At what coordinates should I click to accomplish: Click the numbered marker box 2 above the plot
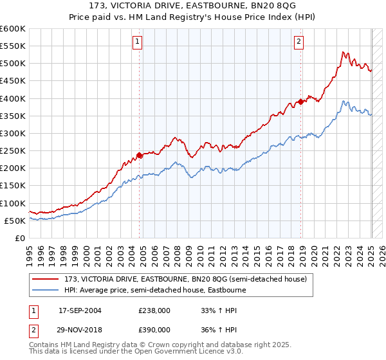(299, 42)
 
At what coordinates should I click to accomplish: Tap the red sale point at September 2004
(140, 155)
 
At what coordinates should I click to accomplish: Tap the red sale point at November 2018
(301, 102)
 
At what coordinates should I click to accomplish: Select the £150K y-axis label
(13, 186)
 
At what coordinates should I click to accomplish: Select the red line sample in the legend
(47, 279)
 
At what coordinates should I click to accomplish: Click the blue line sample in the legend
(47, 290)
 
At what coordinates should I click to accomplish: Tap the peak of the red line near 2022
(344, 52)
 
